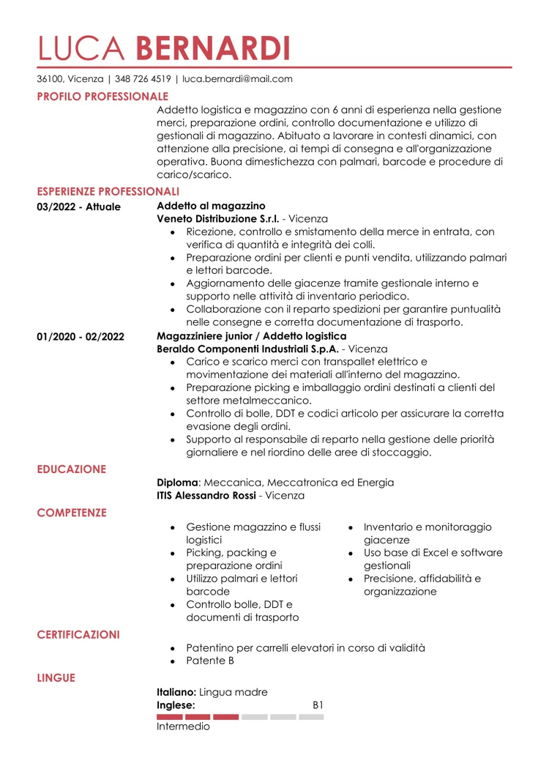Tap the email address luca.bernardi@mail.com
coord(237,79)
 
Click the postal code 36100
coord(51,79)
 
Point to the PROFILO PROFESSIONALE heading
coord(102,96)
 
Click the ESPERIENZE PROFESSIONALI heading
coord(108,191)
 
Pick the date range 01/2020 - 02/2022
coord(81,336)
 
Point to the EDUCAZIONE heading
coord(72,469)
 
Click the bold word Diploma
coord(178,483)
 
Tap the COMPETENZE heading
coord(72,513)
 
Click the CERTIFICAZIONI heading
coord(78,634)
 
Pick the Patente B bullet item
coord(210,661)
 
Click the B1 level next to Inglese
coord(318,704)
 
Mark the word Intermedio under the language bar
coord(183,727)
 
